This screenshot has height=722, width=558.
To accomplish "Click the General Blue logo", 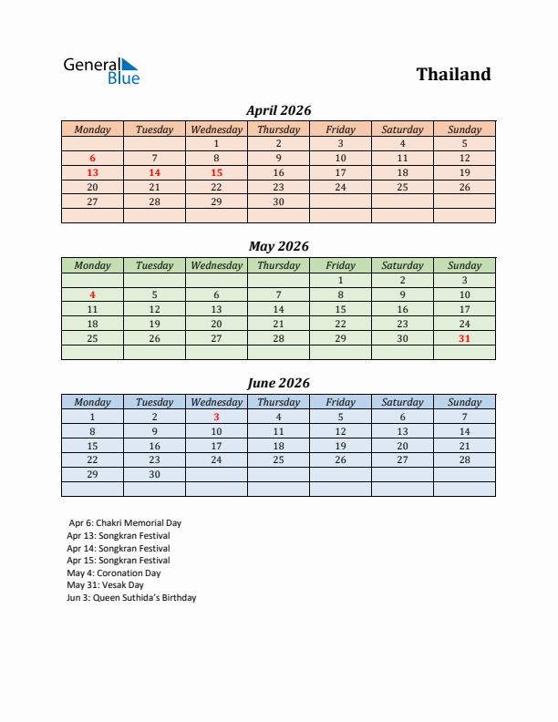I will (x=101, y=71).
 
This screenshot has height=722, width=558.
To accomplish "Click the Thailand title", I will (x=453, y=75).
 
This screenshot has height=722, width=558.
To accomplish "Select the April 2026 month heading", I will (x=279, y=110).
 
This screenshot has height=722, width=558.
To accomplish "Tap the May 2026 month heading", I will (x=279, y=246).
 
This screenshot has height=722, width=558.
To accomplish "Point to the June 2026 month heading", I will (x=279, y=383).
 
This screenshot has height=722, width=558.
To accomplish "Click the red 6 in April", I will (x=92, y=158).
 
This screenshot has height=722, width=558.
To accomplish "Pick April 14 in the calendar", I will (x=154, y=172).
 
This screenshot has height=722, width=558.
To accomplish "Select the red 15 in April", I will (x=216, y=172).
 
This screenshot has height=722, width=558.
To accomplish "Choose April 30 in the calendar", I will (x=278, y=201).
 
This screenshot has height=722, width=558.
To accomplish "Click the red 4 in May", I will (x=92, y=294).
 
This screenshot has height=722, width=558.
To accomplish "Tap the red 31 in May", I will (x=464, y=338).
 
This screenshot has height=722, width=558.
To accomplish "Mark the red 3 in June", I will (x=216, y=417).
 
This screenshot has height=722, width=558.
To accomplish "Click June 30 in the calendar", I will (x=154, y=475).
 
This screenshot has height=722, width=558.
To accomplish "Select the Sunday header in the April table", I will (x=464, y=129).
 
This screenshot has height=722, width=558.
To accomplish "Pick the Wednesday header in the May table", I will (x=216, y=265).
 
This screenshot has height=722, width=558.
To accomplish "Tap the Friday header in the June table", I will (x=340, y=402).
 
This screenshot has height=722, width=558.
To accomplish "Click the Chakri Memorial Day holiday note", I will (x=125, y=523).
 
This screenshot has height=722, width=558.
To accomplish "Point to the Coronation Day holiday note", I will (x=114, y=573).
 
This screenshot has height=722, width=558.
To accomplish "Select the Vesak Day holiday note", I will (x=106, y=585).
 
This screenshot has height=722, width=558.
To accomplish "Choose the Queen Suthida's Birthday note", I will (x=131, y=598).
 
